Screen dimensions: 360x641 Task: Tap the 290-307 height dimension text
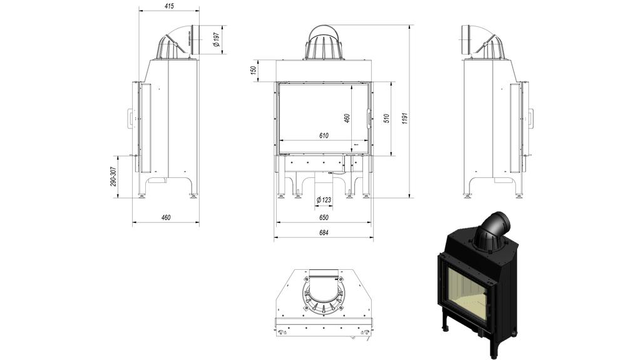click(x=113, y=177)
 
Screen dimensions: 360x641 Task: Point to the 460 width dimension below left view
click(x=166, y=218)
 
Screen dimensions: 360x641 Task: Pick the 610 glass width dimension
click(x=324, y=135)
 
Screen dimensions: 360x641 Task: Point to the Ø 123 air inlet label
click(x=324, y=200)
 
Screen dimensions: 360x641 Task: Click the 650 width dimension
click(x=324, y=218)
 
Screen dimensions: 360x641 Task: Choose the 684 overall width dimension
click(x=324, y=232)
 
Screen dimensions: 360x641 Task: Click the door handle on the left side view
click(x=130, y=118)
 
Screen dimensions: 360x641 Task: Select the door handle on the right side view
click(x=531, y=118)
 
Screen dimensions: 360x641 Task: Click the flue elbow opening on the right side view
click(x=466, y=39)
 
